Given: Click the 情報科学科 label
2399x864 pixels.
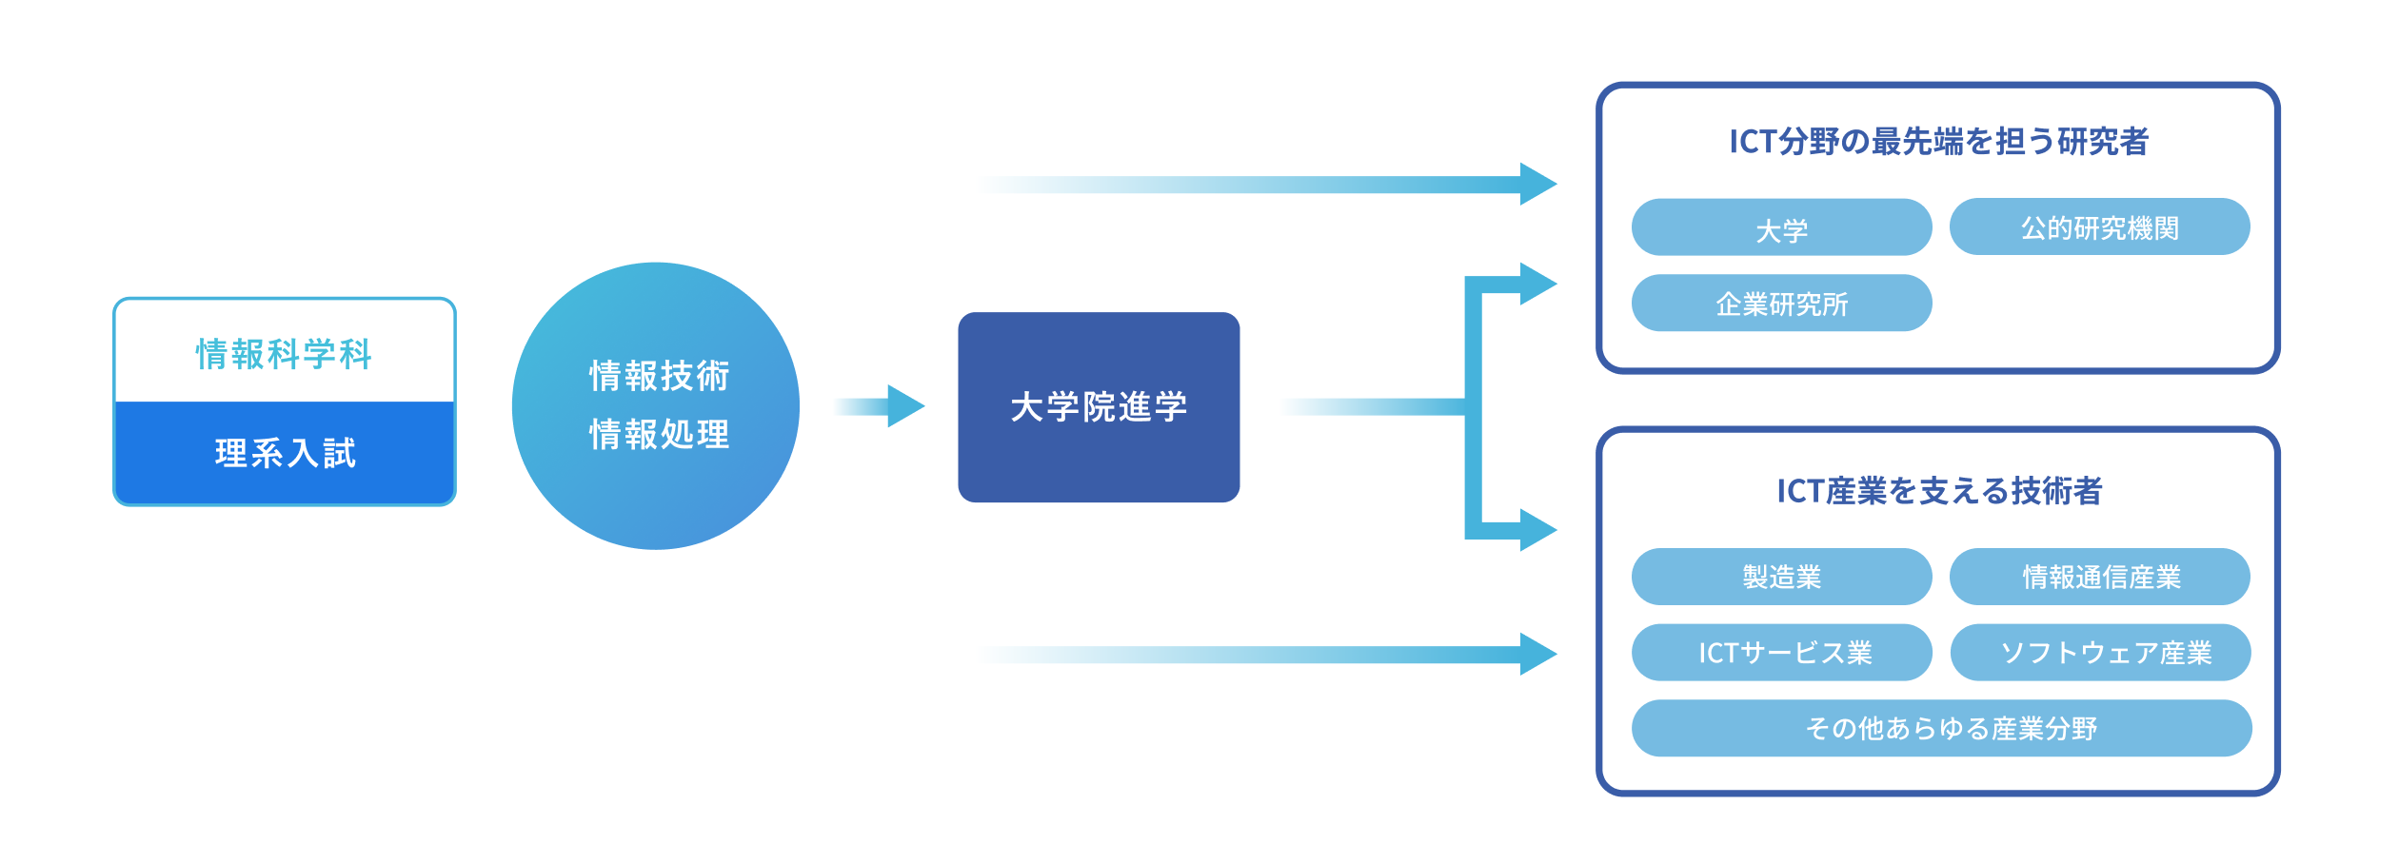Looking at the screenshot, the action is [x=284, y=354].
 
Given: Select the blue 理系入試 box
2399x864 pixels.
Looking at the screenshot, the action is [x=285, y=453].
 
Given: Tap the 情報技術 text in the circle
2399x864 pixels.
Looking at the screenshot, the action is [x=659, y=376].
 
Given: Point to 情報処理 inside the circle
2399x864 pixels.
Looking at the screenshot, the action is [x=659, y=434].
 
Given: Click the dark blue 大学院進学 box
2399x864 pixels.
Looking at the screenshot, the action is [x=1099, y=407].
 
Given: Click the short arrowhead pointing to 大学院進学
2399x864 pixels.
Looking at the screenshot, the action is [x=905, y=406].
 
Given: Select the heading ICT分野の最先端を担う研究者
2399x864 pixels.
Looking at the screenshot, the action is [x=1938, y=142].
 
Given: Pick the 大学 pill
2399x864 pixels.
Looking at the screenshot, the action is [x=1781, y=227].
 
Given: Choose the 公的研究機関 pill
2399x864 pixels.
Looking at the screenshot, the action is [x=2099, y=226].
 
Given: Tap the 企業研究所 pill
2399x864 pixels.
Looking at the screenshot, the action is [x=1781, y=303].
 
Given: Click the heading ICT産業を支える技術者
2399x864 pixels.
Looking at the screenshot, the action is [x=1938, y=491].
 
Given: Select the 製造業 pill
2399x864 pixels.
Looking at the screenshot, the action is [x=1781, y=577].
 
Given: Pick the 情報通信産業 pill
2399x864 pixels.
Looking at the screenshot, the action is [x=2099, y=577].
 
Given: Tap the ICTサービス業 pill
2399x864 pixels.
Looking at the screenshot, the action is [x=1781, y=653].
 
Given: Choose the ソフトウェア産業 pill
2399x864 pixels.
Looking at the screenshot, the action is [x=2100, y=653].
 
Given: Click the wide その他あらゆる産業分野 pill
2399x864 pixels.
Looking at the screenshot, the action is [x=1941, y=728].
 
